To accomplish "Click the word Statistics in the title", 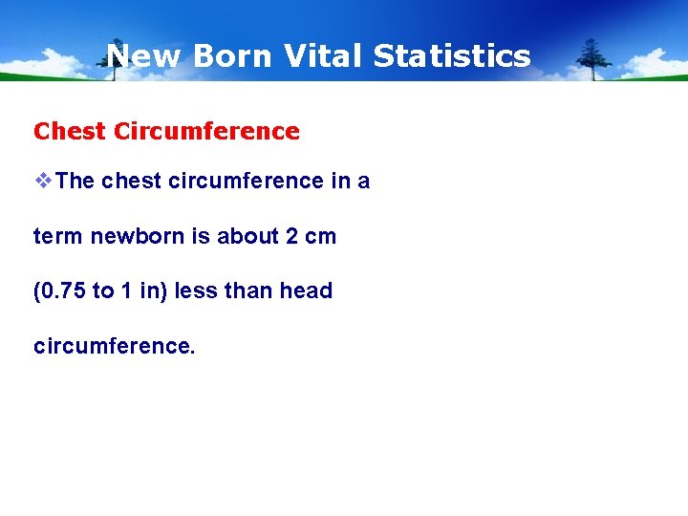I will click(x=451, y=56).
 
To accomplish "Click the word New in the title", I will click(x=144, y=56).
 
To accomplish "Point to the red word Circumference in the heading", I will click(x=206, y=131).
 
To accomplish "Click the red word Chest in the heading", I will click(x=70, y=131).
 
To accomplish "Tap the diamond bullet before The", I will click(x=44, y=182).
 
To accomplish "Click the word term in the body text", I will click(x=58, y=236).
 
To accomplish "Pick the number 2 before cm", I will click(x=292, y=236).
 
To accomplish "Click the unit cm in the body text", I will click(x=321, y=236).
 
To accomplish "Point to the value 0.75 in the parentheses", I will click(x=63, y=290).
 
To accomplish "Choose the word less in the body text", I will click(x=196, y=290).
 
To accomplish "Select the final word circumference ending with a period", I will click(x=114, y=345).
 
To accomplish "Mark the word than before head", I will click(x=248, y=290).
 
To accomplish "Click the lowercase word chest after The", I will click(x=132, y=182).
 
